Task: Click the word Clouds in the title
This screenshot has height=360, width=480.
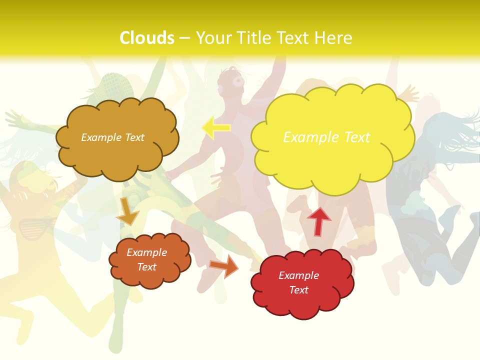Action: (147, 38)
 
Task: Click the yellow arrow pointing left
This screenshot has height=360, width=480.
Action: (216, 127)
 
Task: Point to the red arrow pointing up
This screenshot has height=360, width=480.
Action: (318, 220)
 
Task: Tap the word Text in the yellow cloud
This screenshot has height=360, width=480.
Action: (357, 137)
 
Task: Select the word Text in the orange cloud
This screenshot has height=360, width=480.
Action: (147, 267)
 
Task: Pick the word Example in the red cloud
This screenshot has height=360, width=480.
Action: (298, 275)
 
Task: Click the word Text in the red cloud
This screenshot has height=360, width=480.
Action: (298, 290)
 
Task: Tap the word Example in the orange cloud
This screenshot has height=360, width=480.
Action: (147, 252)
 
